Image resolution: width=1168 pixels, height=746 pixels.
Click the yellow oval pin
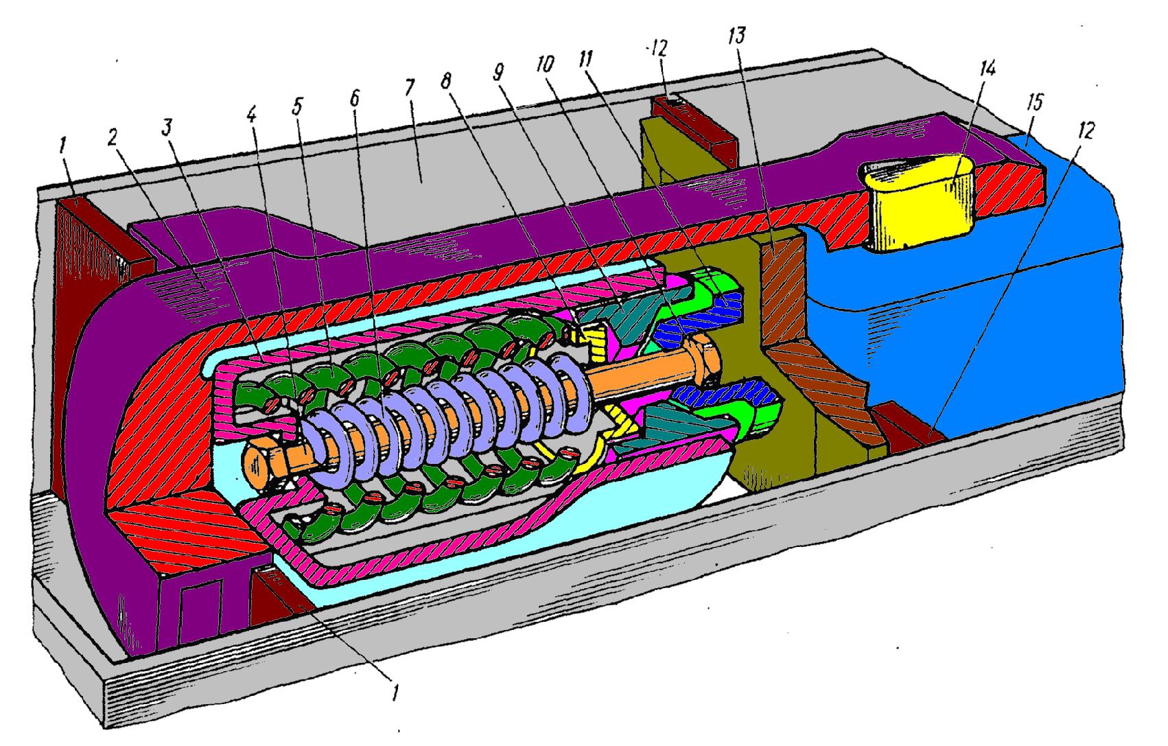coord(919,202)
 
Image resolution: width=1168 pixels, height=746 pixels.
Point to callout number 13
coord(737,36)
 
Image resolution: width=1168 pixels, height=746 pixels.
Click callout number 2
coord(113,137)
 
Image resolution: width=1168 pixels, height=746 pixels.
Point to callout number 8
coord(446,81)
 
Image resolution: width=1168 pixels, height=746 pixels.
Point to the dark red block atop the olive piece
coord(693,125)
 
